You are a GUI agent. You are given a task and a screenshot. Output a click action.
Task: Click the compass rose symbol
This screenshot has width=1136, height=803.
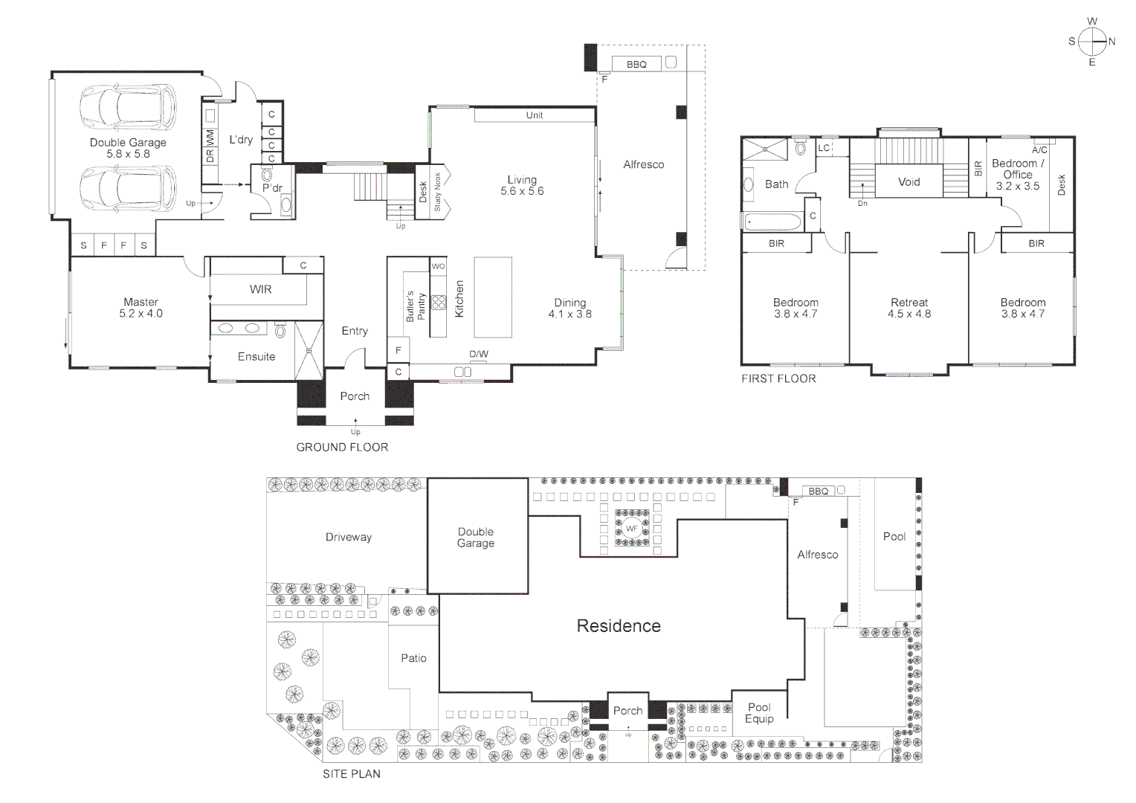coord(1091,42)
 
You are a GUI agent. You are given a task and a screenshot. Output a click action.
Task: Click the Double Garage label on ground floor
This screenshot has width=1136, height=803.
coord(128,148)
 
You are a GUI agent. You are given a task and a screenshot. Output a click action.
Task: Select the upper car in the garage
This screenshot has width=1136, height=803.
coord(128,106)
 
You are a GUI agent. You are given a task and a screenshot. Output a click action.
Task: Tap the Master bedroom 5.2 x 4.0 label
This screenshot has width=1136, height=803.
coord(141,308)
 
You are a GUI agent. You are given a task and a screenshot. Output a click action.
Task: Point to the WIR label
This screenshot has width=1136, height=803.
coord(260,289)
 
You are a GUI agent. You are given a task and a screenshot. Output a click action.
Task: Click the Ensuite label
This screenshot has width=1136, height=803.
coord(256,357)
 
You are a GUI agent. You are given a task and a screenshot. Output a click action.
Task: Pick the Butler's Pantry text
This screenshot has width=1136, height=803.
coord(415,306)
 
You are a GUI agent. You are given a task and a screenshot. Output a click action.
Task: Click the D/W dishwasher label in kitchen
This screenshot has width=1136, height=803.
coord(479,354)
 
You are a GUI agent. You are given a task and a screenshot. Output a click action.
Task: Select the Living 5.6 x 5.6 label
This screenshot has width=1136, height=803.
coord(522,185)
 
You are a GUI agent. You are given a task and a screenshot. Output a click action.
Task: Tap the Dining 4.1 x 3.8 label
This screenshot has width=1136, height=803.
coord(570,308)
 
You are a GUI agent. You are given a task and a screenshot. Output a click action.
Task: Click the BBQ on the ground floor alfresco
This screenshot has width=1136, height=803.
coord(636,65)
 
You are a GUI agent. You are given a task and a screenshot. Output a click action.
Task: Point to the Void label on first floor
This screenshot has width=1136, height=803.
coord(909,181)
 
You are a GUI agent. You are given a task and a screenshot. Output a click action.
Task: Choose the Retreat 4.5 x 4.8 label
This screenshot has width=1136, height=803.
coord(909,308)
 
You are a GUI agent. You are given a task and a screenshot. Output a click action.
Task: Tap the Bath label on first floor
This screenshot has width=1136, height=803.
coord(776,184)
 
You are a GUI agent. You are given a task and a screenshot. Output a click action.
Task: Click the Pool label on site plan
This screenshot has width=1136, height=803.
coord(894,536)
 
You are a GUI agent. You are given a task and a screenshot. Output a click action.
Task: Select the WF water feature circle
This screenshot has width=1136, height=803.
coord(631,529)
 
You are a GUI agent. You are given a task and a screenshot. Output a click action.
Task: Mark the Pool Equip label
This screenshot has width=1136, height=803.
coord(759,713)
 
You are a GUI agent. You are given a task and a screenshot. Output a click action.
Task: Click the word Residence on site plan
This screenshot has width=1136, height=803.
coord(619,626)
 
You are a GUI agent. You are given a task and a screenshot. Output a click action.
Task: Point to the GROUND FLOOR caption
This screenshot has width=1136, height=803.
coord(342,447)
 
